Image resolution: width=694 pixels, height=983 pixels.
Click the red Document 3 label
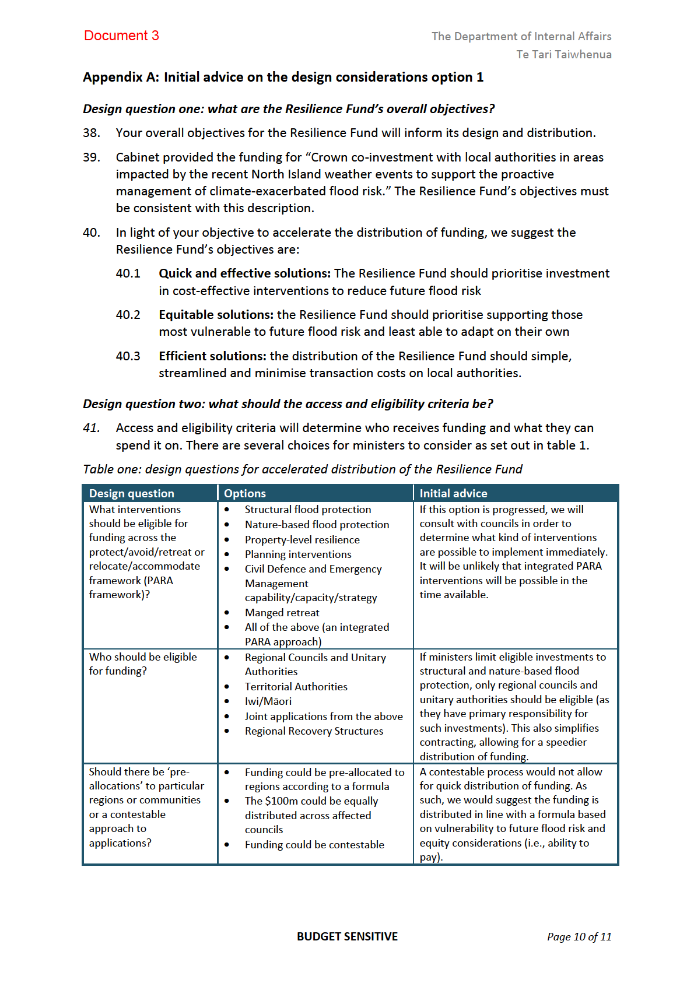121,36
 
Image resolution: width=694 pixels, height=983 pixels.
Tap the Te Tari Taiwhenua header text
563,54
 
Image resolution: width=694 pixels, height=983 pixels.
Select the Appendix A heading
283,77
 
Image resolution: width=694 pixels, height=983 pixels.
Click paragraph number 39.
92,157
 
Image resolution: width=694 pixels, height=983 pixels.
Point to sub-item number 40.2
128,315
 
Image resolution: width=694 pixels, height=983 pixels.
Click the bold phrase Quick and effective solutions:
244,273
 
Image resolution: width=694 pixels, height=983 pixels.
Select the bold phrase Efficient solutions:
212,356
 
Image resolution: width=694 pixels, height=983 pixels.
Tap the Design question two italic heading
288,404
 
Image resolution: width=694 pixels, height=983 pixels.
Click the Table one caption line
302,469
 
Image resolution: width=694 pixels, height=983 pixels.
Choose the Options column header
245,493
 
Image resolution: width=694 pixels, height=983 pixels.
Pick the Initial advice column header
453,493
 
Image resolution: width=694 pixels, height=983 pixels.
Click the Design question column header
131,493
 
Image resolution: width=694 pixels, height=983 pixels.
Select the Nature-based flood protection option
317,525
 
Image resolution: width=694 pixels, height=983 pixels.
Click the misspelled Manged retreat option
282,613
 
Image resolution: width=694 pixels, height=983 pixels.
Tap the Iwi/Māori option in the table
268,701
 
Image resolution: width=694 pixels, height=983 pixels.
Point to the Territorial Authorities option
296,687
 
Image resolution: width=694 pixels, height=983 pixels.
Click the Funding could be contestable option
314,845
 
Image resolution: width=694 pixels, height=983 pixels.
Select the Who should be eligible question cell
143,664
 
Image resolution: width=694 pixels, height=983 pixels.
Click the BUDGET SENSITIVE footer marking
347,937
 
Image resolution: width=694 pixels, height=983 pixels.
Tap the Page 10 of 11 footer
579,937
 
